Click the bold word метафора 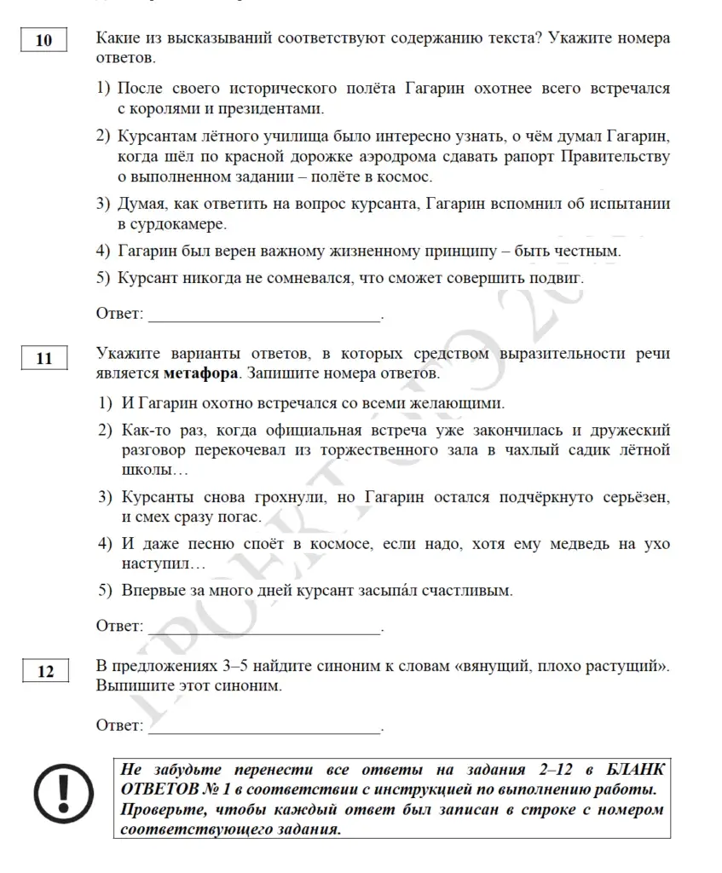point(200,373)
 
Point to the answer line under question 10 point(264,320)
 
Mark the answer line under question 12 point(264,731)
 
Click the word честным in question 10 point(581,251)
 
